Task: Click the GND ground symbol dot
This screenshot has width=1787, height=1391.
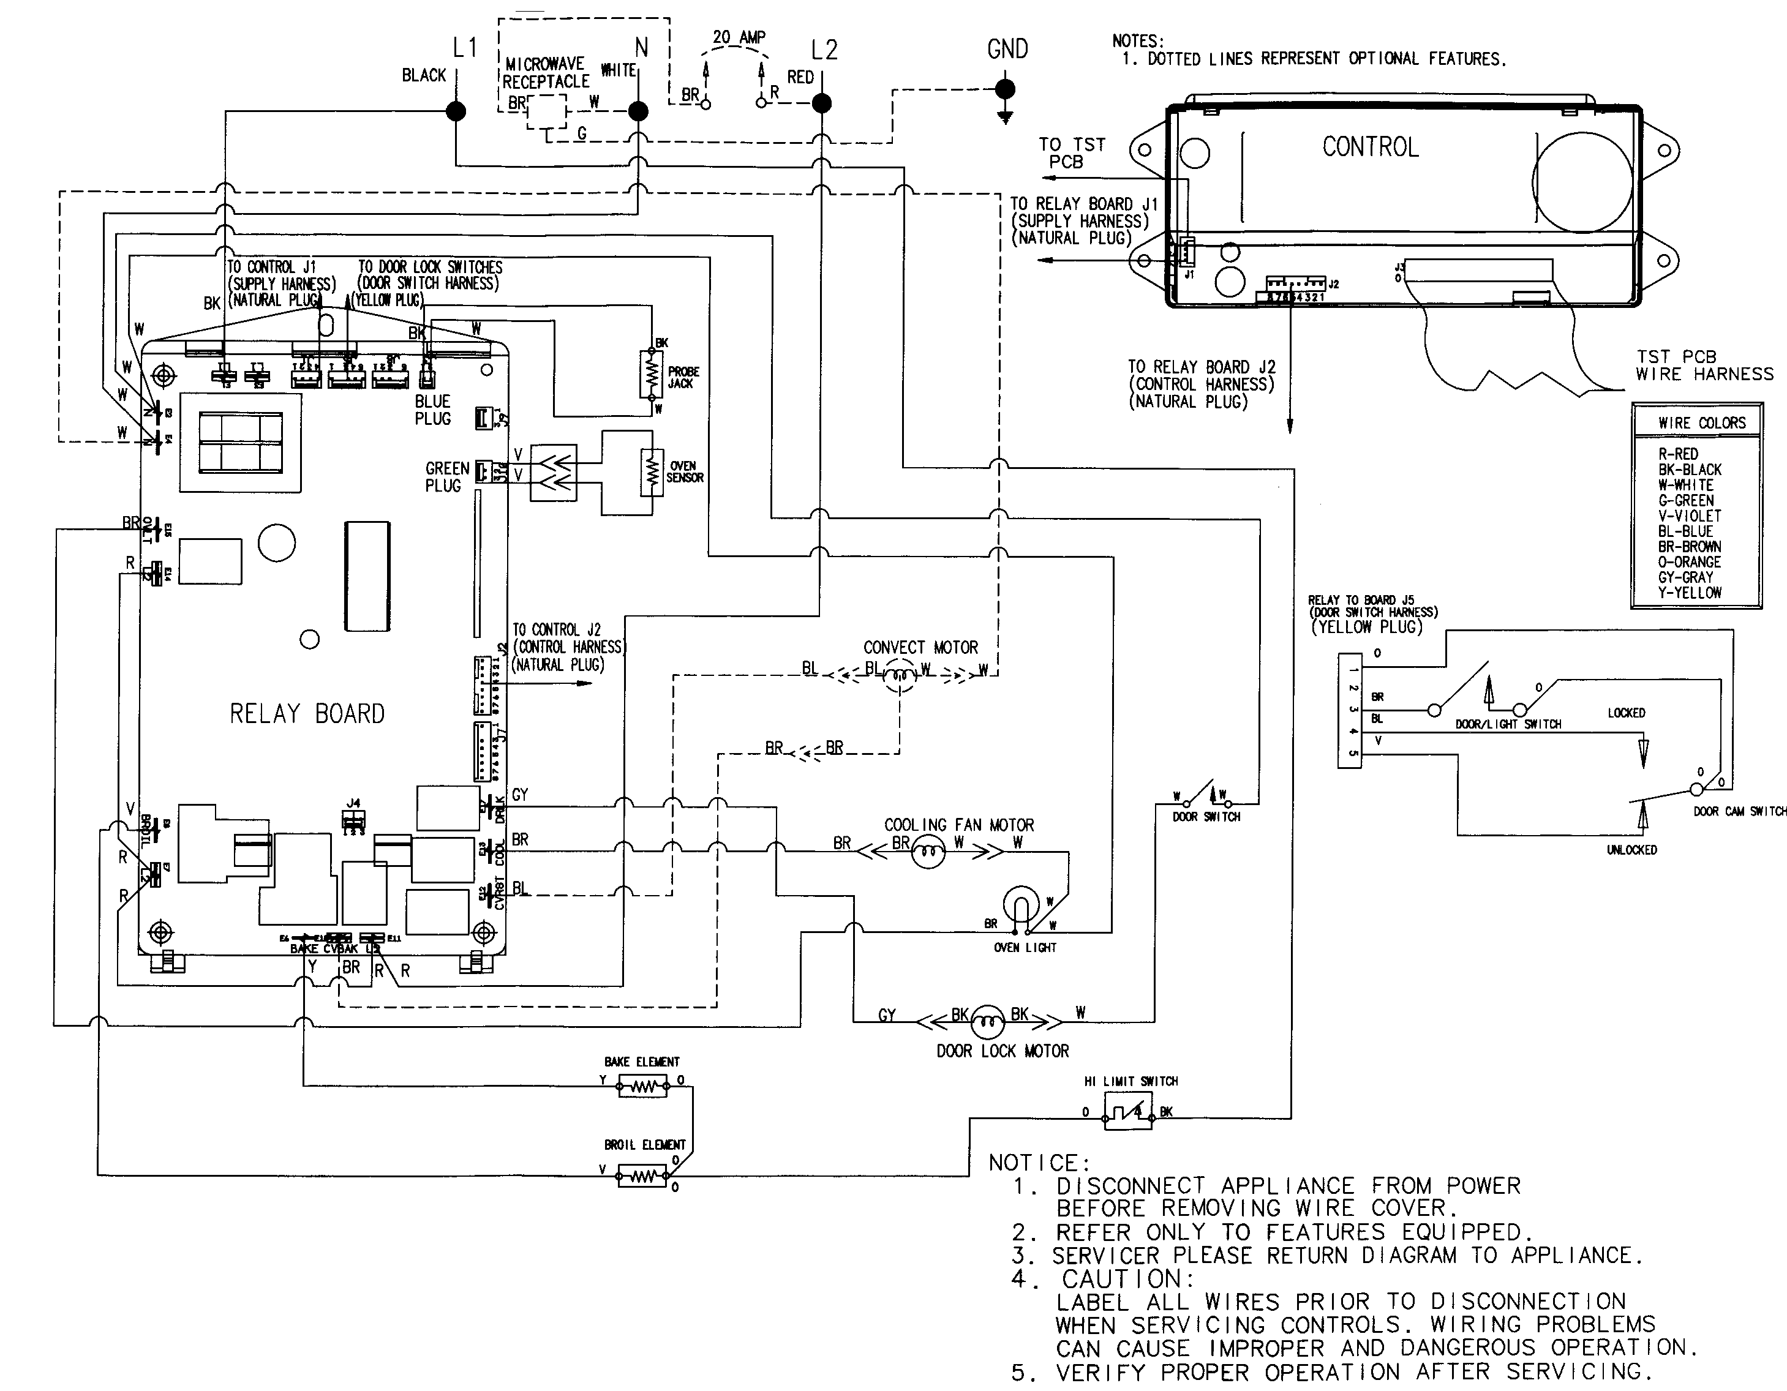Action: pyautogui.click(x=1006, y=88)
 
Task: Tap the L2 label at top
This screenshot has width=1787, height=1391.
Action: pyautogui.click(x=824, y=51)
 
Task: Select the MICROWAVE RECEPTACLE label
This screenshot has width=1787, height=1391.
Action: pyautogui.click(x=545, y=73)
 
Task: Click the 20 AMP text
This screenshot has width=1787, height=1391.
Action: pyautogui.click(x=738, y=37)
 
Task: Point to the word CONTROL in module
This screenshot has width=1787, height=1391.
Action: pyautogui.click(x=1370, y=148)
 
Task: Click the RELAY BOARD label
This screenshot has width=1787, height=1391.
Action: pyautogui.click(x=307, y=713)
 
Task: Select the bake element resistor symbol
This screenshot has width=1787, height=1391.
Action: pyautogui.click(x=642, y=1087)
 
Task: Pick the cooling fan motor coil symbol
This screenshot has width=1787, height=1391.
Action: pyautogui.click(x=928, y=853)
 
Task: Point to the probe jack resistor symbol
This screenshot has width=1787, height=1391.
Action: pyautogui.click(x=652, y=375)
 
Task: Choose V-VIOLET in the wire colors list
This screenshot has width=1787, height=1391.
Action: pyautogui.click(x=1689, y=516)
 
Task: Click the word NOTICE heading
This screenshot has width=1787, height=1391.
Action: pyautogui.click(x=1038, y=1163)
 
